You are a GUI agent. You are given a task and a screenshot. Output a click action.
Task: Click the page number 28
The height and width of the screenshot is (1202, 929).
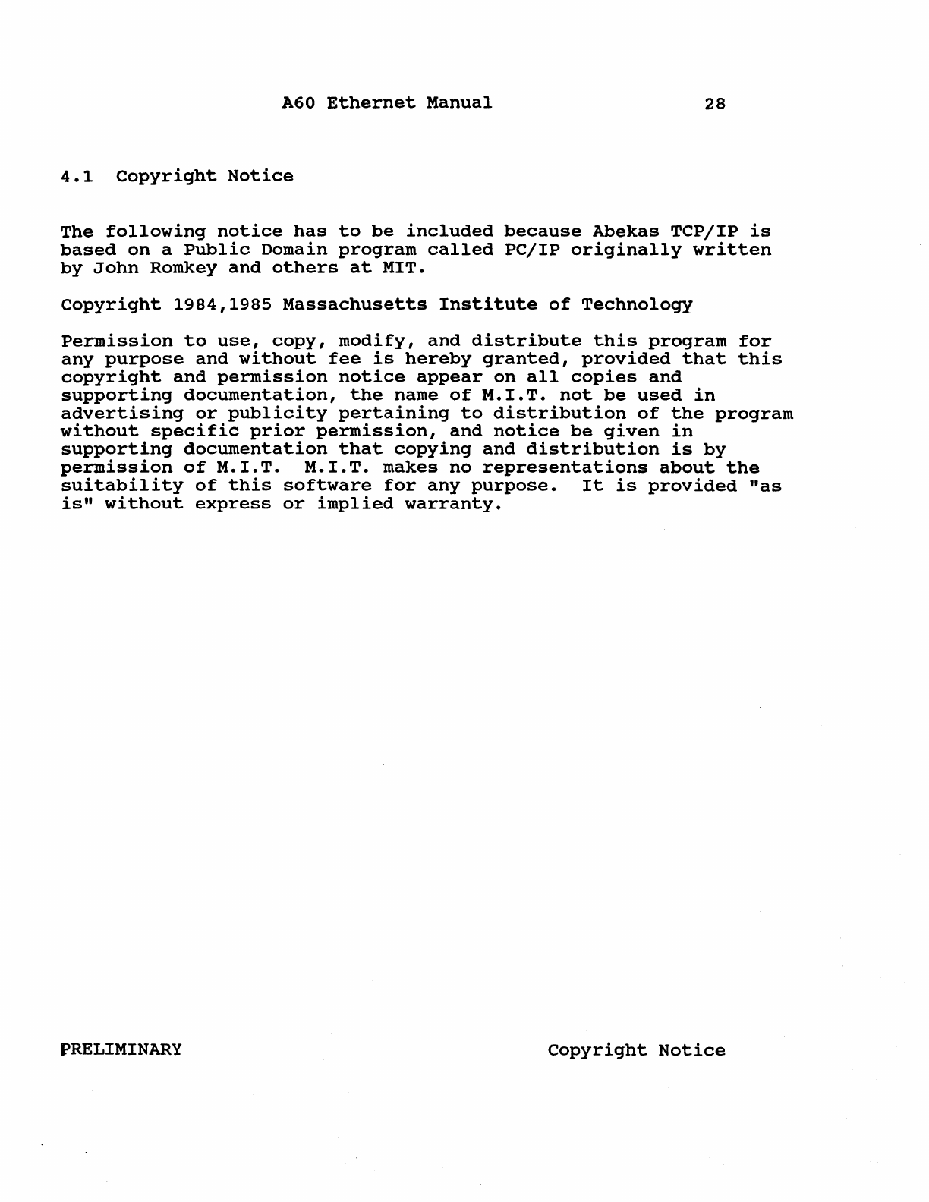[714, 104]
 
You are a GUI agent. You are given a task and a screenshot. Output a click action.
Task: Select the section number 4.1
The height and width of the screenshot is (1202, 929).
[77, 177]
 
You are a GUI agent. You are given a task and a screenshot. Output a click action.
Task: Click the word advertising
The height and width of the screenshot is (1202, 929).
[121, 414]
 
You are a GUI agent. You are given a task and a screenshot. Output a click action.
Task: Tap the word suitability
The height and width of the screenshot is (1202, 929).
[121, 486]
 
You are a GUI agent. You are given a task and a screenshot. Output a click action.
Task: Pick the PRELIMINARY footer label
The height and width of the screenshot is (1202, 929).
[121, 1049]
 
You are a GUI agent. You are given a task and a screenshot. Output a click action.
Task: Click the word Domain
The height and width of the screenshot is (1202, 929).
[277, 250]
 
